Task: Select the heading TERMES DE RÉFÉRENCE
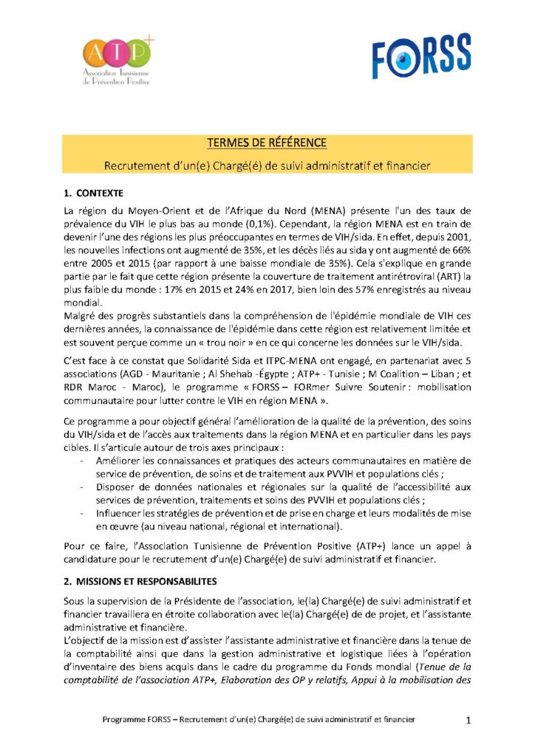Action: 267,142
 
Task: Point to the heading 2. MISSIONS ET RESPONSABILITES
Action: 140,581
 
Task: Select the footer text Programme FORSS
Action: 132,719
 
